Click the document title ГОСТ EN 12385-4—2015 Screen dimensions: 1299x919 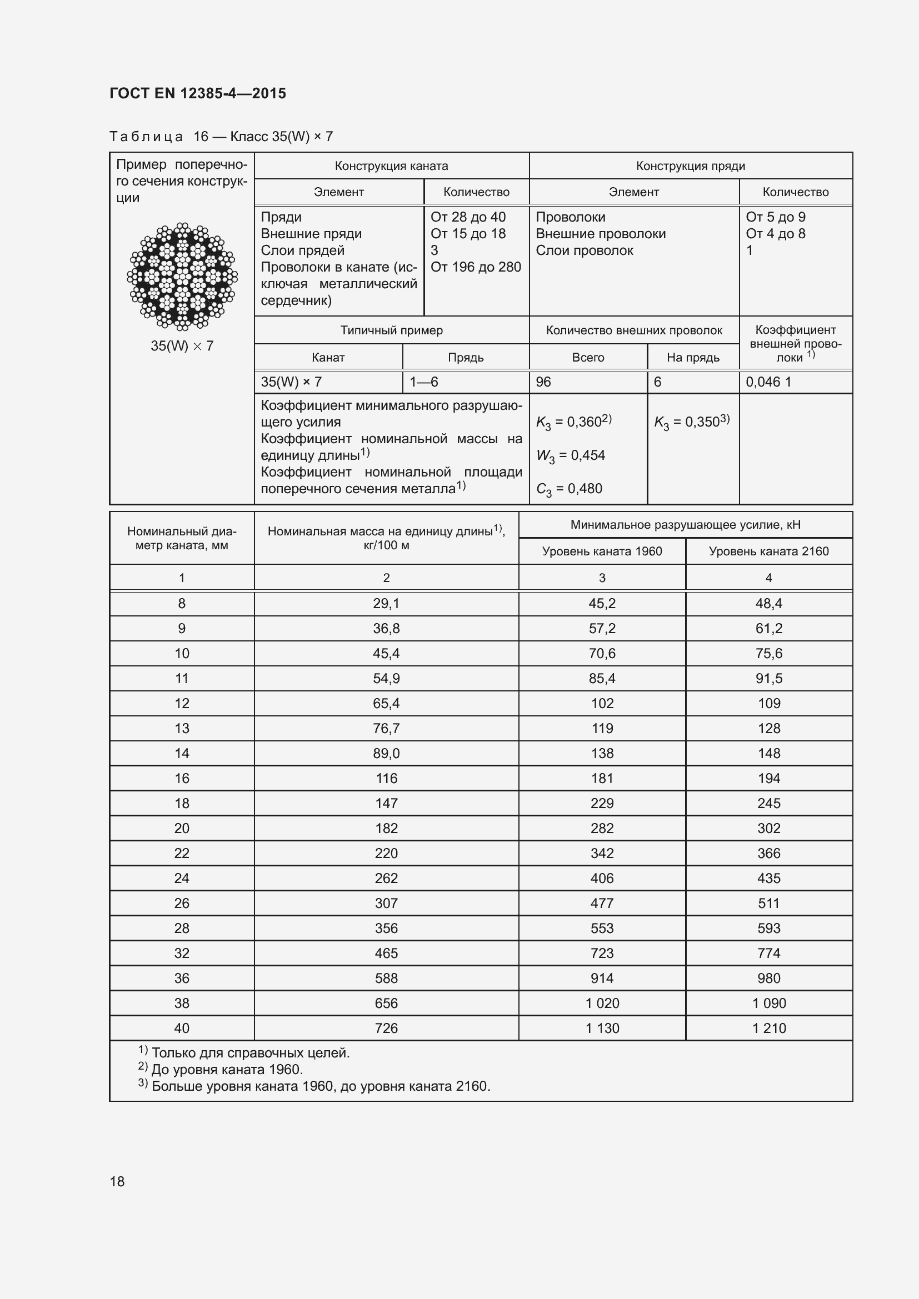coord(197,93)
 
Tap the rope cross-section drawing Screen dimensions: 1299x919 coord(182,276)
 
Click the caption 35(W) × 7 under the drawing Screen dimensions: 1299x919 coord(182,345)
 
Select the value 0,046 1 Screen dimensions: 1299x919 coord(768,382)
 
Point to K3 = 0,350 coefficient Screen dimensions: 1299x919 coord(692,422)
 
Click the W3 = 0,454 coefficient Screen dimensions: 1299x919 coord(571,455)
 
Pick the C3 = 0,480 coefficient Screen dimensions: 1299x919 coord(569,489)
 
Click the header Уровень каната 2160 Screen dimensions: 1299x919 coord(768,551)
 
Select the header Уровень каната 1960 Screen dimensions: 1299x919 coord(602,551)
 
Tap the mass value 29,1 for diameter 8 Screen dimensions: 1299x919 coord(386,604)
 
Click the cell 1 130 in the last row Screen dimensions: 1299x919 coord(602,1028)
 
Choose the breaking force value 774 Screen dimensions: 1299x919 coord(768,954)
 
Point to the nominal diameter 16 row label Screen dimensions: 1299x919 coord(182,779)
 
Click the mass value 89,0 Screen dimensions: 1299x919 coord(386,754)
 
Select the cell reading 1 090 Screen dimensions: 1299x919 coord(768,1003)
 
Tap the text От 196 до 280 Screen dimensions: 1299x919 coord(476,267)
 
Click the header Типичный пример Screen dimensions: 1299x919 coord(391,330)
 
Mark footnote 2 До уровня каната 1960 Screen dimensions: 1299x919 coord(221,1070)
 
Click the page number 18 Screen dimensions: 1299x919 coord(117,1181)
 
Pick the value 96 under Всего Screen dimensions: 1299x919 coord(543,382)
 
